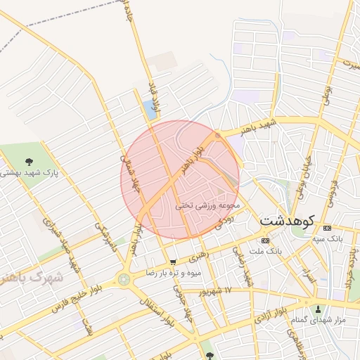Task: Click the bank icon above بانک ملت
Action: tap(265, 240)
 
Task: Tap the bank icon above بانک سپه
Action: tap(326, 229)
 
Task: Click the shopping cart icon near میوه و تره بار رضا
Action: tap(174, 262)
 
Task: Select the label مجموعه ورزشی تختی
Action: tap(208, 205)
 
